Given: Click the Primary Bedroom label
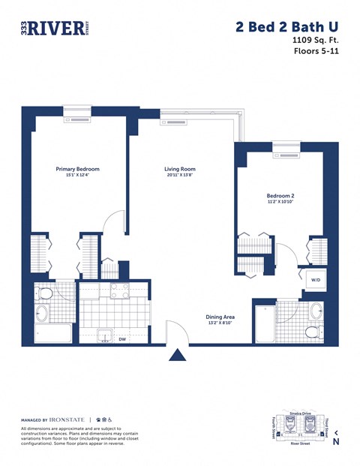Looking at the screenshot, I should (77, 169).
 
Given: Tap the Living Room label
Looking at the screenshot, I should (180, 169).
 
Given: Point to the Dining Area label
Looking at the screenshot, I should (221, 317).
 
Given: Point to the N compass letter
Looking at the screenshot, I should (336, 441).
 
